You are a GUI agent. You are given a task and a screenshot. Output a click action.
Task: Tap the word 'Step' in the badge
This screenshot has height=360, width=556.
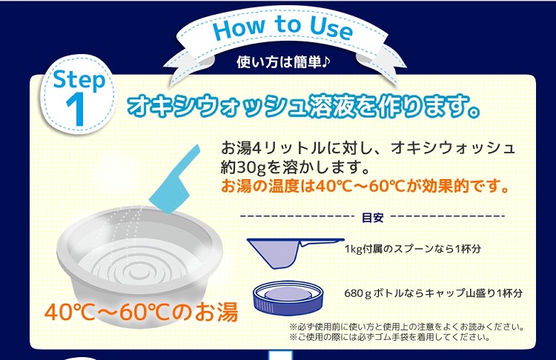79,80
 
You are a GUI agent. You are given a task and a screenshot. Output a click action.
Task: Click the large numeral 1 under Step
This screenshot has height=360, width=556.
76,110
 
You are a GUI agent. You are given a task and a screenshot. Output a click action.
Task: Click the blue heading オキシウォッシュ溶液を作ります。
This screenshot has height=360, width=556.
304,106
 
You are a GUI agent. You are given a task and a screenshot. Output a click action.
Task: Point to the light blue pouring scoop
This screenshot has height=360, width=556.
174,181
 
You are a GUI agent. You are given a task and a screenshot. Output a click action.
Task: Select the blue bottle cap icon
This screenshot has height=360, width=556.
289,299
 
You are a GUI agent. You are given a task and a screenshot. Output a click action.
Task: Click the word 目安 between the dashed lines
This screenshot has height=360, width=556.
372,217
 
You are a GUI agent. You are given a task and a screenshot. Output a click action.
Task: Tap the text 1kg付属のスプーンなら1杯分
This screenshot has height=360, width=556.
413,249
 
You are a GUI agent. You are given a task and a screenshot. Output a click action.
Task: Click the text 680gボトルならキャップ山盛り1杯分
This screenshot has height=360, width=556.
434,293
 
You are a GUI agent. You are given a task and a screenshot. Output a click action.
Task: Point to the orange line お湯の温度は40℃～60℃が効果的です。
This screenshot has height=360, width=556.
365,186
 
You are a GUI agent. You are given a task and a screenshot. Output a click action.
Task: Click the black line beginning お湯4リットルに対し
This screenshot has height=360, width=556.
368,148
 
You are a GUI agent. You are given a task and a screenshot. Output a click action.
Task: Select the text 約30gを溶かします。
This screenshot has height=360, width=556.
295,167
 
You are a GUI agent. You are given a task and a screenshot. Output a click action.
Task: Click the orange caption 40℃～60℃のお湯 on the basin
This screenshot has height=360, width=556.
141,312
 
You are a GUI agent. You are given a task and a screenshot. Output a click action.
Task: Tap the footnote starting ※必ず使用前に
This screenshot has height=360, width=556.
407,327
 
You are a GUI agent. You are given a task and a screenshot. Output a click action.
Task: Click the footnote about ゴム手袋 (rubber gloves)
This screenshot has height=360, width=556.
390,336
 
